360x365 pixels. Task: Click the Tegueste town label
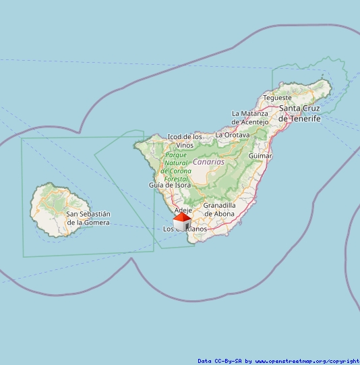coord(277,98)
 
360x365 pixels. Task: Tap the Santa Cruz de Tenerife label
coord(299,113)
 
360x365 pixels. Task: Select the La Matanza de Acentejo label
coord(249,117)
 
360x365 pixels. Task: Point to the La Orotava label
coord(232,135)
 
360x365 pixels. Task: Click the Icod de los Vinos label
coord(184,140)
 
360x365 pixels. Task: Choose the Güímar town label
coord(260,156)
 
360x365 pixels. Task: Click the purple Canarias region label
coord(208,162)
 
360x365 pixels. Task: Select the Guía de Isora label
coord(169,185)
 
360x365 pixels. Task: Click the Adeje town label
coord(183,210)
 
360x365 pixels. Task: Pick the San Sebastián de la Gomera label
coord(88,218)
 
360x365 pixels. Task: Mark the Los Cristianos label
coord(186,229)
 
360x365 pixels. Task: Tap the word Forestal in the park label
coord(176,178)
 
